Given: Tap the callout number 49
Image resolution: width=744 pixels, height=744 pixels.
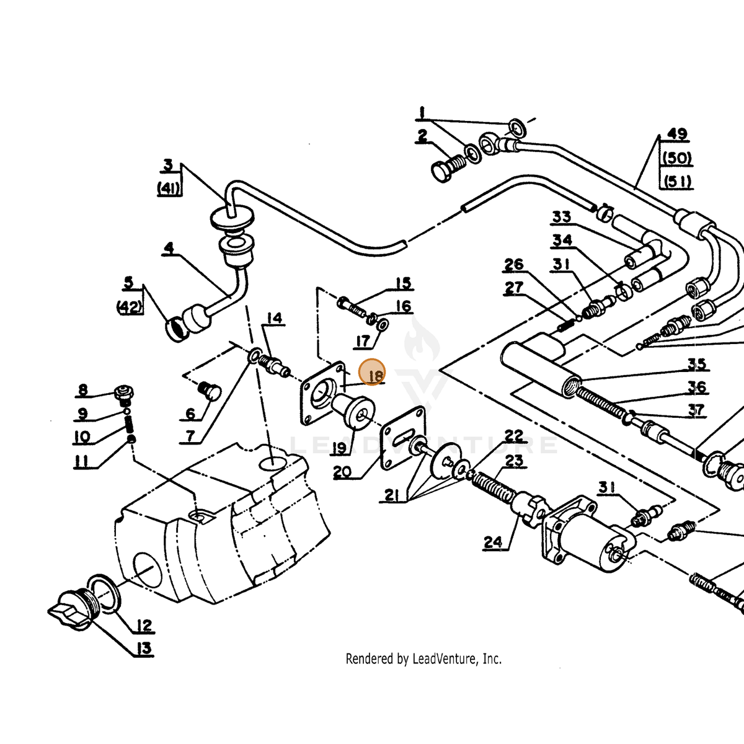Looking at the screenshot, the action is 677,133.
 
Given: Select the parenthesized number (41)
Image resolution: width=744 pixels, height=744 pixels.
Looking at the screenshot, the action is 169,188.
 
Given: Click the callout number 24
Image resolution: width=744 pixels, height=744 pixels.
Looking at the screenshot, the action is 494,542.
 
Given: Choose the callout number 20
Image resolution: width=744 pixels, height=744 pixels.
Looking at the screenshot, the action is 342,472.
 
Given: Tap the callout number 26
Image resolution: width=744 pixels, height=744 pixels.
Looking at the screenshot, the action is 514,265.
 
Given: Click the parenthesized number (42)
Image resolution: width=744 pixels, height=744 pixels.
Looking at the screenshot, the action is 129,307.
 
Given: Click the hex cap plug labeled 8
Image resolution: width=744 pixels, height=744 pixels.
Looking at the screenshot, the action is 124,394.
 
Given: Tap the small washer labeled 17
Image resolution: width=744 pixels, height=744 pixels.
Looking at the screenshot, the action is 383,325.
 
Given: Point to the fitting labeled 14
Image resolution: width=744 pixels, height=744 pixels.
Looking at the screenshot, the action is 274,365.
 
